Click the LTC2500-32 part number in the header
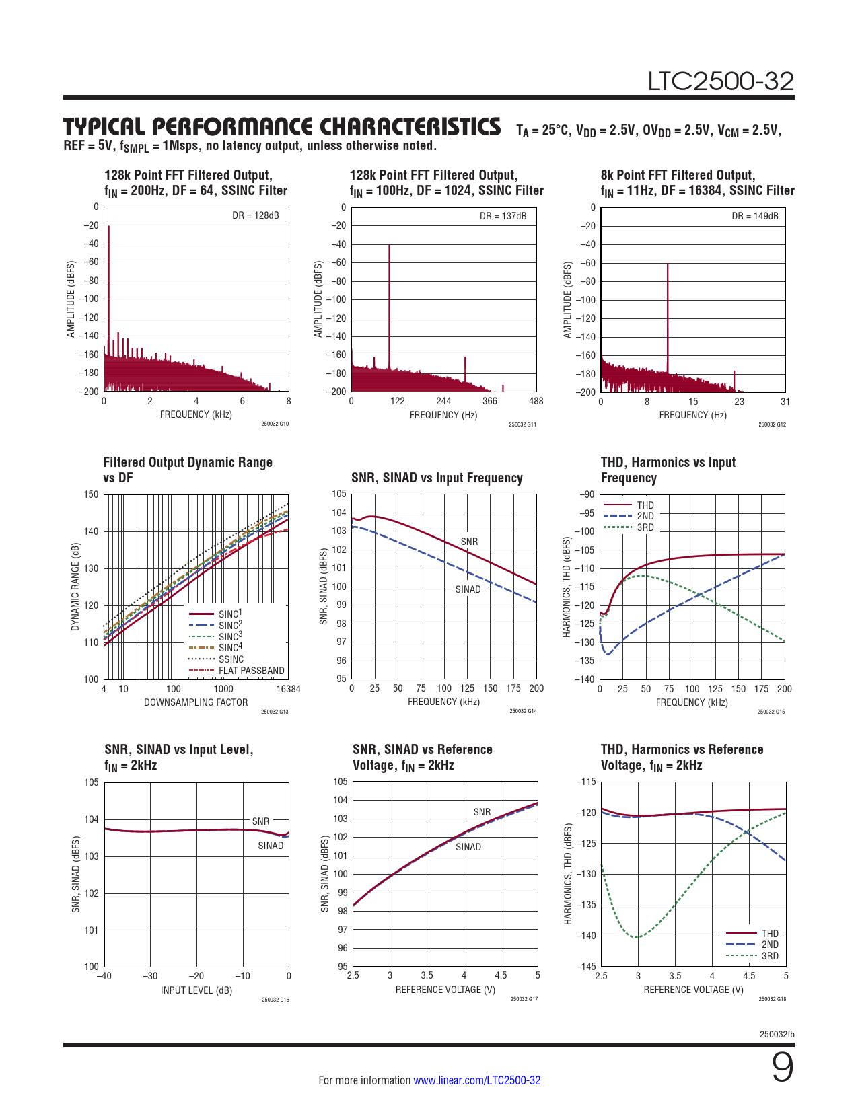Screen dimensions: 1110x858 (x=721, y=81)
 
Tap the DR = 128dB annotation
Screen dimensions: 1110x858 (x=255, y=216)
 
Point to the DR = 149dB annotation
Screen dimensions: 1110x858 (x=754, y=216)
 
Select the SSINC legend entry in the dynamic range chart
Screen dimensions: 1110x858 (x=231, y=659)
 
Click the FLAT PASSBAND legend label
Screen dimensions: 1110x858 (x=251, y=671)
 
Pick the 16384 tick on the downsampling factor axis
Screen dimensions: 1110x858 (x=288, y=689)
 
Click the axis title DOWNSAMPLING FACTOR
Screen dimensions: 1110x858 (x=196, y=702)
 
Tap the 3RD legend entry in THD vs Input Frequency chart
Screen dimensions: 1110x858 (x=645, y=527)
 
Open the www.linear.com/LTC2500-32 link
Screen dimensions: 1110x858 (x=476, y=1080)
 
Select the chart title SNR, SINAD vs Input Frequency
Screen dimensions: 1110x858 (x=437, y=478)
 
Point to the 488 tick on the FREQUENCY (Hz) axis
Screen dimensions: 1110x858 (x=536, y=401)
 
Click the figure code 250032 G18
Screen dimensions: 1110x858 (x=772, y=999)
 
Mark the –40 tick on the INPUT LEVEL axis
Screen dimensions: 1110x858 (x=104, y=976)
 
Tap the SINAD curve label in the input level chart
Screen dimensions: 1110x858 (x=271, y=846)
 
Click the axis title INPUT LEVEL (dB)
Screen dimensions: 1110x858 (x=196, y=990)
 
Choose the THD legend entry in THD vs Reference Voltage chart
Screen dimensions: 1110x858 (x=769, y=934)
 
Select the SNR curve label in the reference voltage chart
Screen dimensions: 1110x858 (x=482, y=812)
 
